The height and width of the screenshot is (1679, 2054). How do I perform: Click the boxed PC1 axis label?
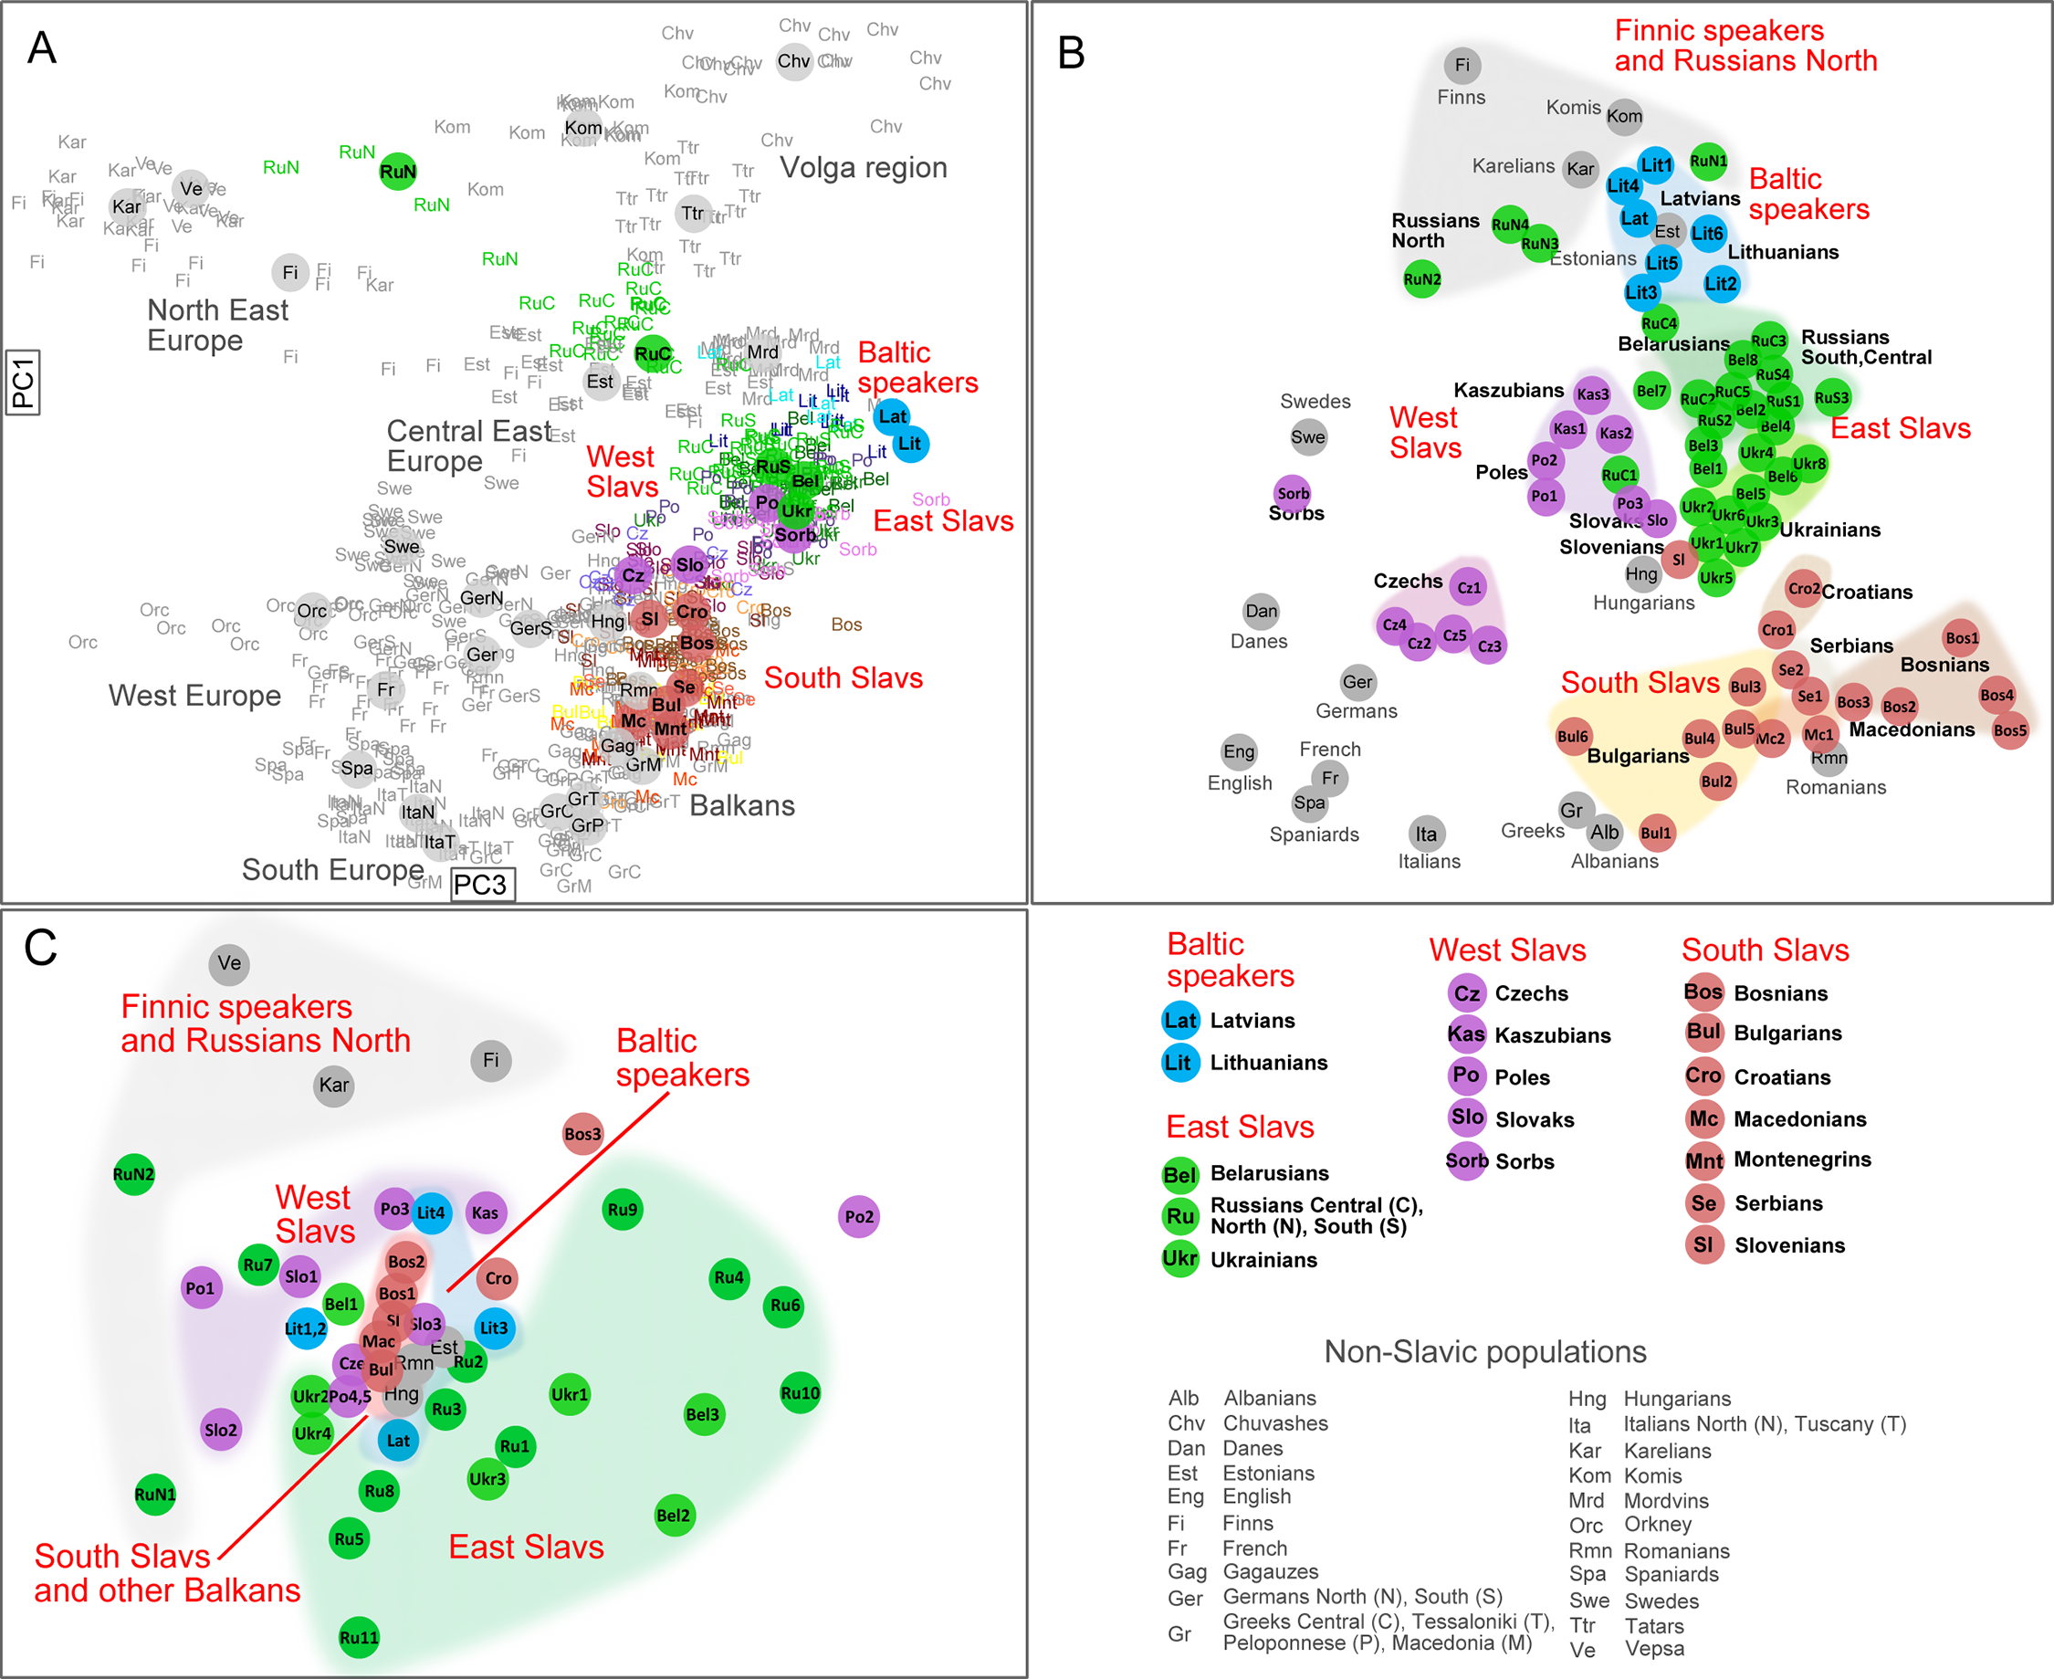coord(22,382)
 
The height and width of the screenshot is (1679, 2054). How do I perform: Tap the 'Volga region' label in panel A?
coord(864,167)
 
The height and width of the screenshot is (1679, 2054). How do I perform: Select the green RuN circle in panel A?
coord(397,172)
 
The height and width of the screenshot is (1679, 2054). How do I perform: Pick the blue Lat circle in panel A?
coord(892,417)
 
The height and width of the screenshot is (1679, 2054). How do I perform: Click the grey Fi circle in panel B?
coord(1462,65)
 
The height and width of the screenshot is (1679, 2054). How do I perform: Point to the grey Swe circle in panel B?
coord(1308,436)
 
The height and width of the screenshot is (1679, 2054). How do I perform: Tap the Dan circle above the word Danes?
coord(1261,610)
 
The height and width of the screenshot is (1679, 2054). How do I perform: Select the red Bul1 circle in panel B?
coord(1656,833)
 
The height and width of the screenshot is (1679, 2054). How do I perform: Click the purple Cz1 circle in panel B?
coord(1468,587)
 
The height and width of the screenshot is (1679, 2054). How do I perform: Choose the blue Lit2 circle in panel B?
coord(1721,283)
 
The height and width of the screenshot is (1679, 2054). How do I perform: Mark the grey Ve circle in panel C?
coord(229,963)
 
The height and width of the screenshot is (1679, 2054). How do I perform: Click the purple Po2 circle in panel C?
coord(859,1217)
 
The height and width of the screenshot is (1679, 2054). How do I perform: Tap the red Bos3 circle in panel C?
coord(583,1135)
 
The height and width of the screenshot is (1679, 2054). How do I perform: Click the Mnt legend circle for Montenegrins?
coord(1704,1160)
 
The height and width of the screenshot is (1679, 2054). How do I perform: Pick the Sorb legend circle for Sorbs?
coord(1467,1160)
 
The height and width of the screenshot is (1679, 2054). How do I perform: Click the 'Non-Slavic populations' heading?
coord(1484,1351)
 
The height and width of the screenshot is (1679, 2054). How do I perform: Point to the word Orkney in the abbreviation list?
coord(1658,1525)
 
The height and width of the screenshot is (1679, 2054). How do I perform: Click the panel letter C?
coord(40,948)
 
